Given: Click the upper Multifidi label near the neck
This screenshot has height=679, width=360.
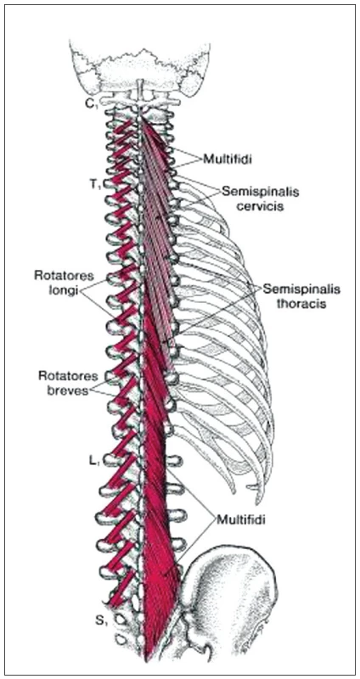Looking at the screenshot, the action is (x=228, y=160).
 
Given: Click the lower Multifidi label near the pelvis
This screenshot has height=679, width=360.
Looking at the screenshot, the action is (x=240, y=519).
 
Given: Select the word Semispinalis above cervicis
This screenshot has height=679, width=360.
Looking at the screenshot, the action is (x=261, y=191).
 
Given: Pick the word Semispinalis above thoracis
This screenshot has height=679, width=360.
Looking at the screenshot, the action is (x=302, y=289).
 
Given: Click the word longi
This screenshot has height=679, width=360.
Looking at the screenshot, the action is (x=66, y=291).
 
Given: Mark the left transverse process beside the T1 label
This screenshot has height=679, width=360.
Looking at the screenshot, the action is (x=112, y=184).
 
